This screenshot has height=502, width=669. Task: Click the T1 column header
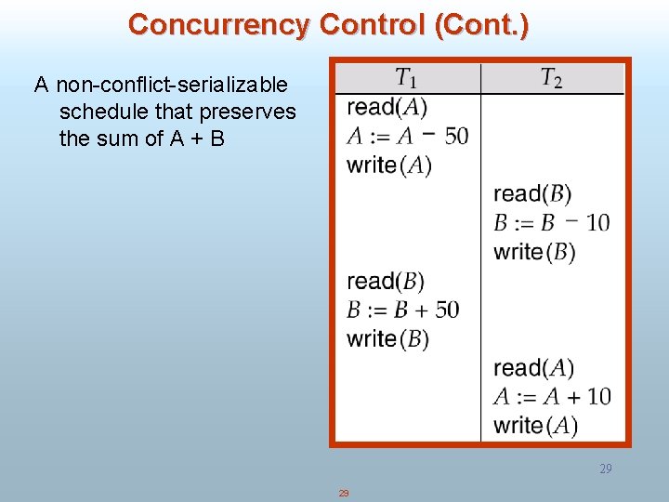click(406, 78)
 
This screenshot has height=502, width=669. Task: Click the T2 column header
click(551, 78)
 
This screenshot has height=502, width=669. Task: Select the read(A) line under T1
click(387, 107)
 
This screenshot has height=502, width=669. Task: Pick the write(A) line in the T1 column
click(388, 165)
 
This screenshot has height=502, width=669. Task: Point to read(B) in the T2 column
click(532, 193)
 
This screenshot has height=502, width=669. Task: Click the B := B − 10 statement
click(552, 222)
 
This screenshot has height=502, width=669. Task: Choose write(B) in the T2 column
click(534, 251)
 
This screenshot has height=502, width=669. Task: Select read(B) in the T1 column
click(386, 281)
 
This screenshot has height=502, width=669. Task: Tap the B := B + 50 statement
click(403, 310)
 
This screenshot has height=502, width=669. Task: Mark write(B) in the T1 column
click(387, 338)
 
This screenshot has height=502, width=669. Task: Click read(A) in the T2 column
click(533, 368)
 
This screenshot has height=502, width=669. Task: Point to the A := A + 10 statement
click(552, 396)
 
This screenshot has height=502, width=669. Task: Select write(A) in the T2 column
click(535, 425)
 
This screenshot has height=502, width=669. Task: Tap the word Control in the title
click(373, 25)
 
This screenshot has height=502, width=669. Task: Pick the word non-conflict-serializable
click(172, 86)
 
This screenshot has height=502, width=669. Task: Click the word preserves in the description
click(252, 112)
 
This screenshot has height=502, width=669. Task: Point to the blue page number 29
click(605, 469)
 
